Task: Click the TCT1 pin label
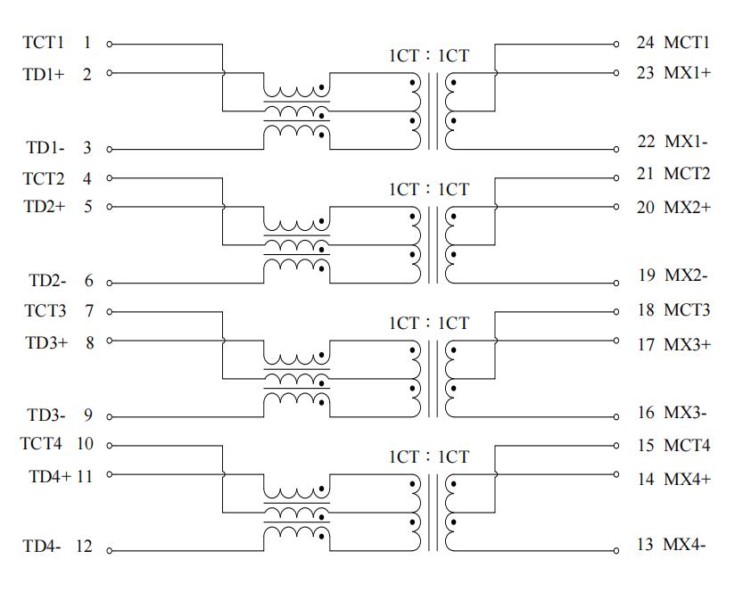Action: click(43, 43)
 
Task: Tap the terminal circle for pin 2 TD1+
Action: click(109, 73)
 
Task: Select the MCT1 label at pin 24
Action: click(687, 43)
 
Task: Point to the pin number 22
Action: click(646, 141)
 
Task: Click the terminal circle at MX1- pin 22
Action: click(616, 150)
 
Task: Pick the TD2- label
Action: click(48, 281)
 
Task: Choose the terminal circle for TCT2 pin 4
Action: click(109, 178)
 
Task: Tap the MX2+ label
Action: click(687, 207)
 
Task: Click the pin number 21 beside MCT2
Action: click(646, 174)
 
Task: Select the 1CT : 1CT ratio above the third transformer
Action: click(429, 323)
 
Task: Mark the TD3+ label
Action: click(46, 343)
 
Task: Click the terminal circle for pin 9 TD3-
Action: click(109, 417)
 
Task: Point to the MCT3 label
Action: click(687, 310)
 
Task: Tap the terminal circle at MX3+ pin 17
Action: click(616, 341)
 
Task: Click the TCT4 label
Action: click(41, 443)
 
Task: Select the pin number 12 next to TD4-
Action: click(84, 547)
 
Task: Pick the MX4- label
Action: click(684, 544)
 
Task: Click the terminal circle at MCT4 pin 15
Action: click(616, 446)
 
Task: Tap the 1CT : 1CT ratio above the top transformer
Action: click(429, 56)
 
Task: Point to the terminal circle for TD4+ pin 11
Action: click(109, 474)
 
